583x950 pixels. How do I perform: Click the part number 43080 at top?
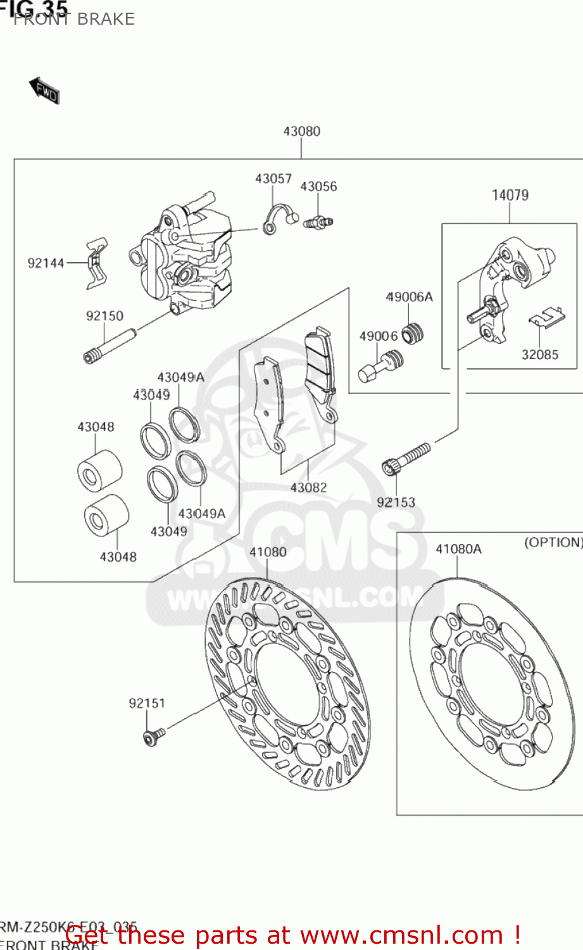301,131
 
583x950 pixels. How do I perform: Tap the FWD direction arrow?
44,91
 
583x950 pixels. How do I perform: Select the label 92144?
46,263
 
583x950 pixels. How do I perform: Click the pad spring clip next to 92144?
97,262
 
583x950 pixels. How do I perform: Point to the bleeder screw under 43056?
318,222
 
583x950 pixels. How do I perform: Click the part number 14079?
510,195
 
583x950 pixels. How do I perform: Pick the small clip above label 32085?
546,317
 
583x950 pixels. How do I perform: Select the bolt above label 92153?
406,459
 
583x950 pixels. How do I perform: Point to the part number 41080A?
458,548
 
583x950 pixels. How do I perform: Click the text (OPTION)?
553,542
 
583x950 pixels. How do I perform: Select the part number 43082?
308,487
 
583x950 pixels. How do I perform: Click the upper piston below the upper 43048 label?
99,471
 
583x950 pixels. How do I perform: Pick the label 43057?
273,179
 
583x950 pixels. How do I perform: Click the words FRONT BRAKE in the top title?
74,19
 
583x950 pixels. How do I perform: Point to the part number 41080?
268,552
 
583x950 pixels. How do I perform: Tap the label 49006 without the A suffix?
378,336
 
